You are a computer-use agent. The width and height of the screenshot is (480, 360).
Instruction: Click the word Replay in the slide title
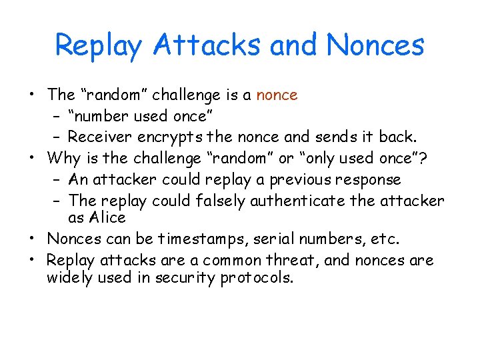(99, 46)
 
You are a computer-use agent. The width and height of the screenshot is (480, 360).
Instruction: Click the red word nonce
(277, 95)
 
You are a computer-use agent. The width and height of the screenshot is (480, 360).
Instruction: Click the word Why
(63, 159)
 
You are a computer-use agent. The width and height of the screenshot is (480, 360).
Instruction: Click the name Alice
(106, 217)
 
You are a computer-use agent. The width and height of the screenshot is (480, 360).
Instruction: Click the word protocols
(257, 278)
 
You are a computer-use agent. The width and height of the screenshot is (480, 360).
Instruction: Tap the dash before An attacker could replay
(56, 180)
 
